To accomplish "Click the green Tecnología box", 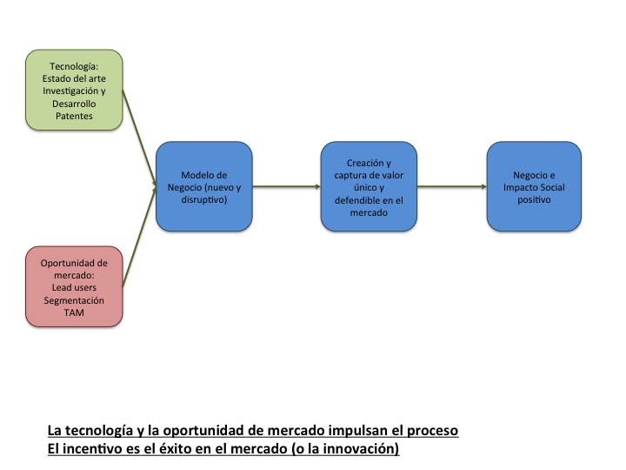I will pos(73,91).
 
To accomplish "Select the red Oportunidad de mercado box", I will pos(73,286).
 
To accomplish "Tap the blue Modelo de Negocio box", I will pos(203,186).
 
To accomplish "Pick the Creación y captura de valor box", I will pos(369,186).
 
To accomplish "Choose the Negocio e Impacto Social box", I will pos(532,186).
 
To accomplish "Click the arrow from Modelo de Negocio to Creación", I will pos(287,186).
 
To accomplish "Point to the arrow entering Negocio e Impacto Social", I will pos(452,186).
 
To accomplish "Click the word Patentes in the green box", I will pos(73,116).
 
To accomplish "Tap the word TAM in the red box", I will pos(73,312).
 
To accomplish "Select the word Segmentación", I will pos(73,299).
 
